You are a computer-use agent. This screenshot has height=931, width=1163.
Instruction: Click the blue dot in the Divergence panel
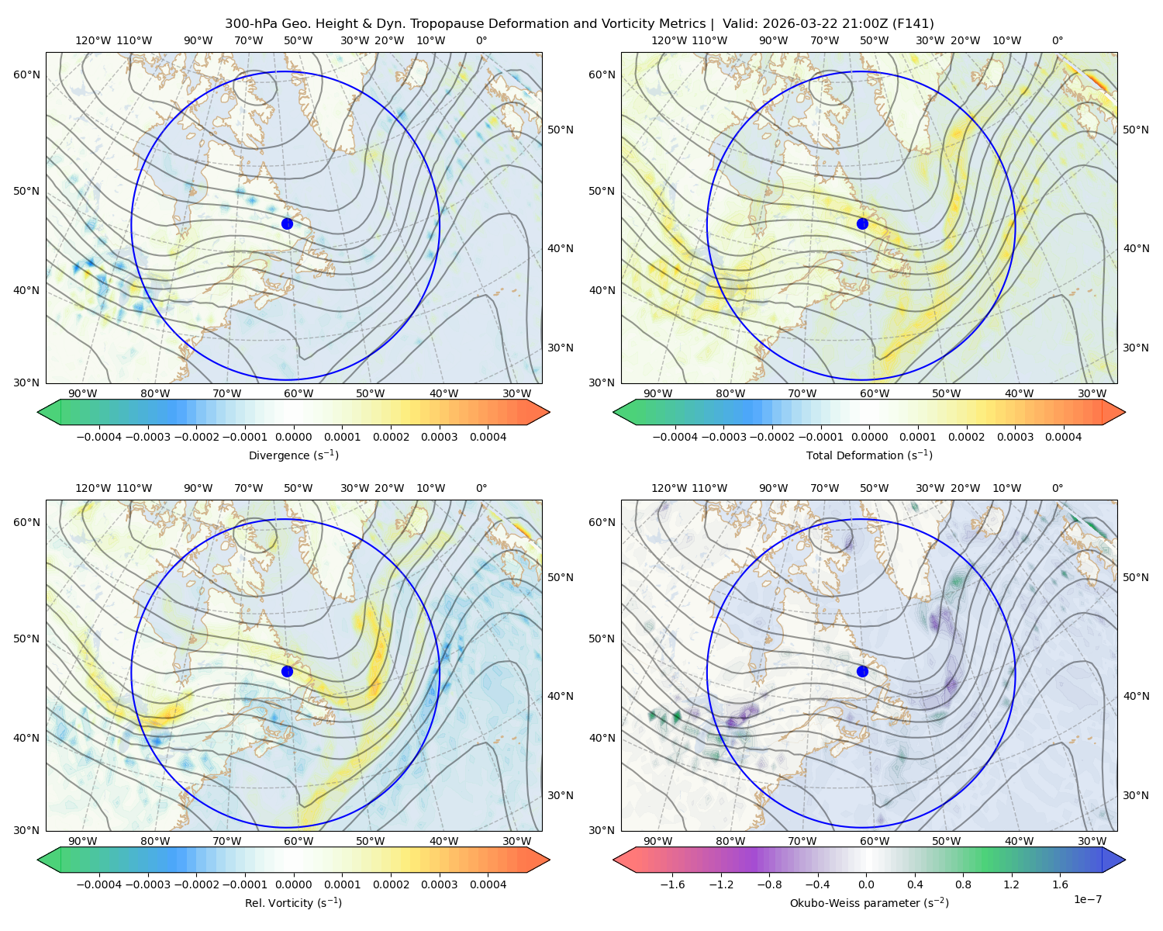[x=287, y=223]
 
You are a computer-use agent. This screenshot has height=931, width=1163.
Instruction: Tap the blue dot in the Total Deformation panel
[x=862, y=223]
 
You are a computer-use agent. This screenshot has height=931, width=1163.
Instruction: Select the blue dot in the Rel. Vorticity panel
[x=287, y=671]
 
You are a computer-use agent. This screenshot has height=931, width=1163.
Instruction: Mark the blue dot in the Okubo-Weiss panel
[x=862, y=671]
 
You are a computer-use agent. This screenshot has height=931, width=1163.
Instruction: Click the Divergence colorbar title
[x=293, y=455]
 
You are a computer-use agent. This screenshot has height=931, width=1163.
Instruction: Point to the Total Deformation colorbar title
[x=869, y=455]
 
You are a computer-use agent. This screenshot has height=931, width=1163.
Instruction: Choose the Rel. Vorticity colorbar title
[x=293, y=902]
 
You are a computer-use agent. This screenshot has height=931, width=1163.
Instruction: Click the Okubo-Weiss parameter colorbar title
[x=869, y=902]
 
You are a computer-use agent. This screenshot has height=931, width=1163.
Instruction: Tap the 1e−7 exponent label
[x=1087, y=899]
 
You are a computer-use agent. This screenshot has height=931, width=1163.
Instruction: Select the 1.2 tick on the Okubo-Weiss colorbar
[x=1011, y=884]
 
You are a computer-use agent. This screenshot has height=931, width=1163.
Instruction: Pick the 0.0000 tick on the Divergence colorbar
[x=293, y=437]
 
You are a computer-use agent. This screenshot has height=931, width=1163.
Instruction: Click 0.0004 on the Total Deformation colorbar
[x=1063, y=437]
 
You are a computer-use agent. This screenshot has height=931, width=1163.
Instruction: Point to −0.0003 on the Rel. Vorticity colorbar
[x=147, y=884]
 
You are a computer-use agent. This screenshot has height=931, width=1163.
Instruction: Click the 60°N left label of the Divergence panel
[x=26, y=74]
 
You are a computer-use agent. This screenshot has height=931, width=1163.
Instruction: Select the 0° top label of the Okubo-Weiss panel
[x=1057, y=487]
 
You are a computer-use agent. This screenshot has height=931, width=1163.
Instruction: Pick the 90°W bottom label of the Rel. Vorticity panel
[x=83, y=841]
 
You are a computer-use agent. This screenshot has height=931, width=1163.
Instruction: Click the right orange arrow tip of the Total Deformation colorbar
[x=1125, y=412]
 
